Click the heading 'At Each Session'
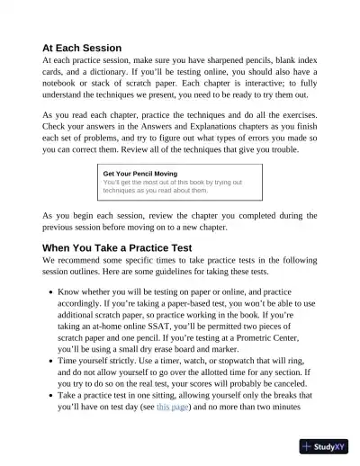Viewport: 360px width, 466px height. point(94,48)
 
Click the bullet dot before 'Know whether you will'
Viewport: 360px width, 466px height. point(48,293)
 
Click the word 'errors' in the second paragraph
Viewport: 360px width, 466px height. point(245,148)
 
